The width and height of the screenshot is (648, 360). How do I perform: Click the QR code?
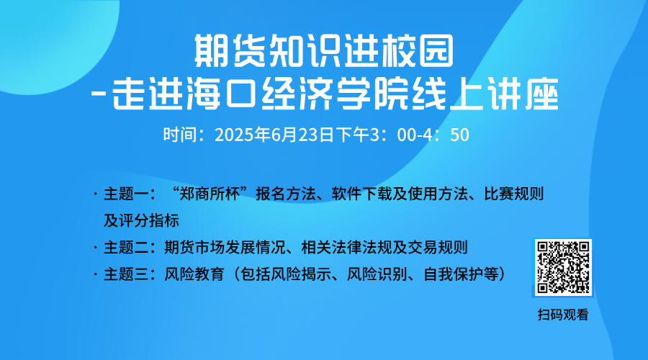563,267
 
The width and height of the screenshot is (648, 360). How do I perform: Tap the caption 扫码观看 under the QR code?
563,315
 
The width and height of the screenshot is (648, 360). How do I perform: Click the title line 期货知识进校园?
324,51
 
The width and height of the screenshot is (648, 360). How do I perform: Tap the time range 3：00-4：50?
419,135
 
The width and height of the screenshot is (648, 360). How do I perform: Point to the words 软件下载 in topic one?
361,194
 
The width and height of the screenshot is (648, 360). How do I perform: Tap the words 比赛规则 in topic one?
513,194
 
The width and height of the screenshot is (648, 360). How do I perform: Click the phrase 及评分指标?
141,221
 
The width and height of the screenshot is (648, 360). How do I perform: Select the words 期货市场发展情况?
225,248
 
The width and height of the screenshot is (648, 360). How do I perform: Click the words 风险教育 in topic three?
194,274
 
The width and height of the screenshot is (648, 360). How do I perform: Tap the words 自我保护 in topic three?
454,274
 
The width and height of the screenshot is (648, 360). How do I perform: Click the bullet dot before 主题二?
96,248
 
